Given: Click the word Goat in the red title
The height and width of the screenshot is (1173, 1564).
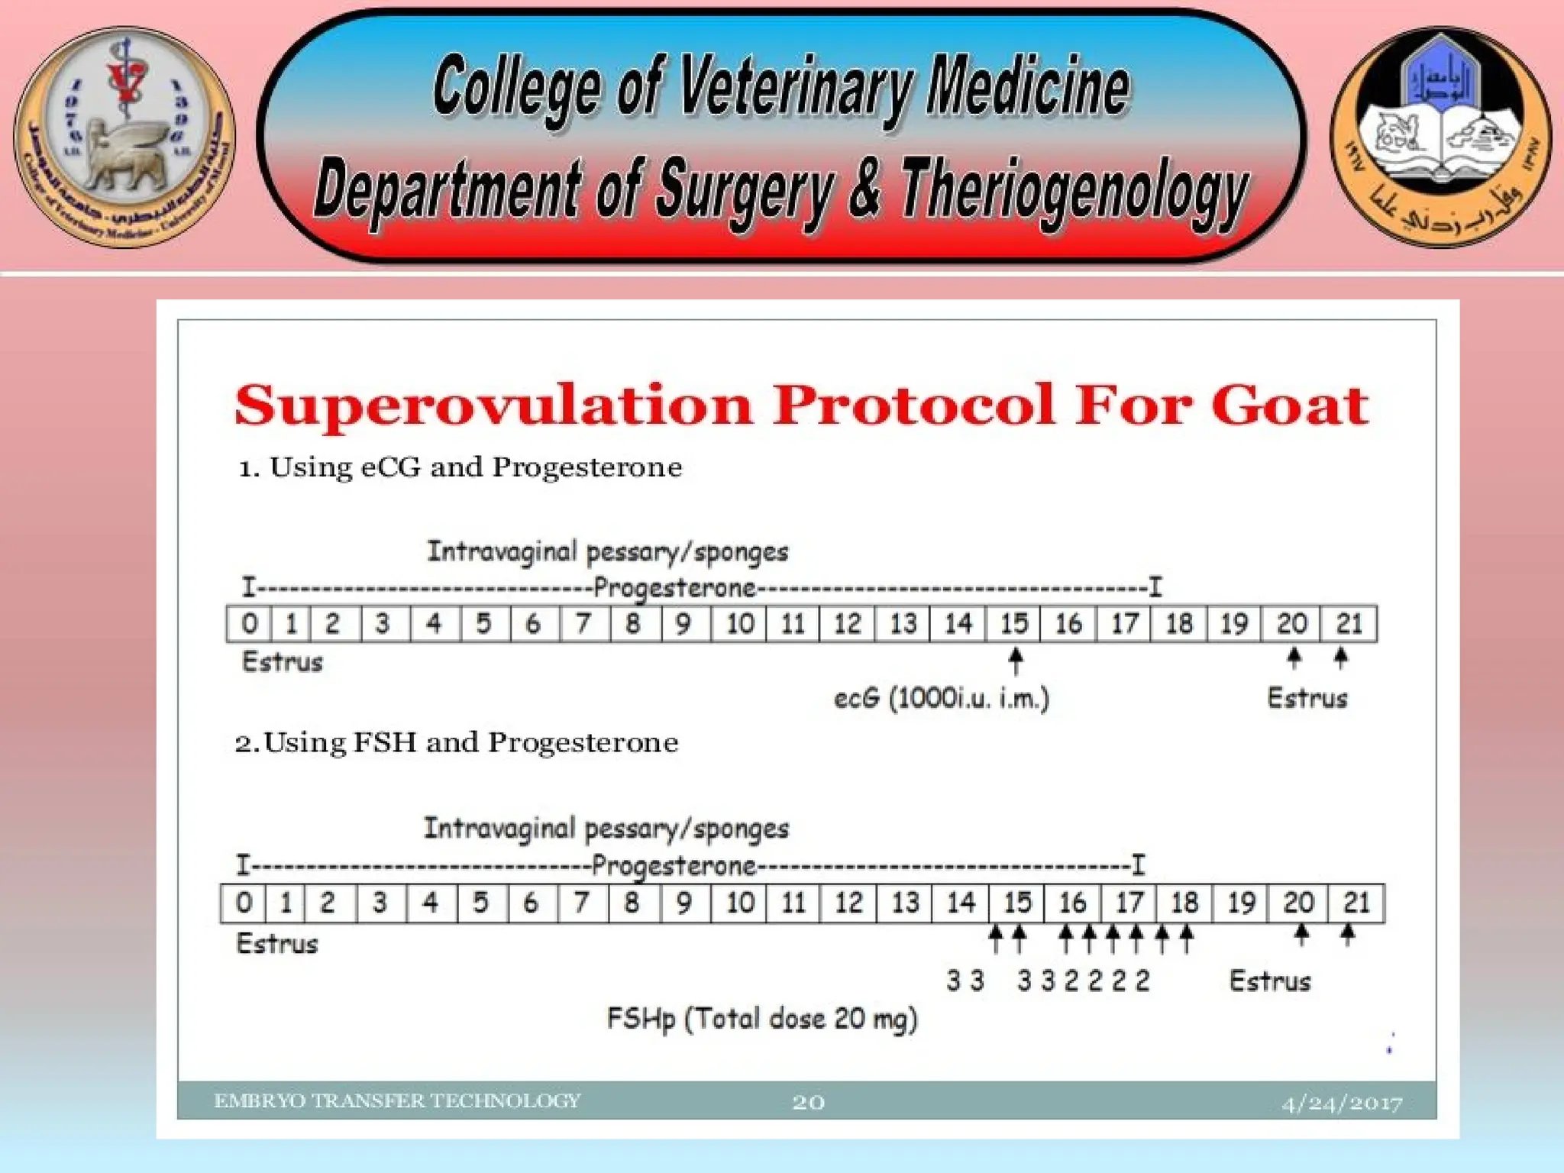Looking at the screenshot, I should click(x=1289, y=405).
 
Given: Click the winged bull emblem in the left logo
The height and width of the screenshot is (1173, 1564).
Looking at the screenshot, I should click(x=126, y=157).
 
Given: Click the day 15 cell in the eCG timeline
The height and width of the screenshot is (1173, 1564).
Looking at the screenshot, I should click(x=1013, y=624).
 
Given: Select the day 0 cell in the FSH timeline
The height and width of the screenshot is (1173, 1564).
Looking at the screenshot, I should click(x=244, y=903).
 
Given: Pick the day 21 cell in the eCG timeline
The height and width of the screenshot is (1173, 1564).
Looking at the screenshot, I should click(x=1349, y=624).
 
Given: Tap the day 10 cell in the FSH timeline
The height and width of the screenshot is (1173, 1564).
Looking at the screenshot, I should click(x=739, y=903).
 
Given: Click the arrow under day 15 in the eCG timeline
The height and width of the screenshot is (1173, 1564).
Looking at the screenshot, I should click(x=1015, y=661).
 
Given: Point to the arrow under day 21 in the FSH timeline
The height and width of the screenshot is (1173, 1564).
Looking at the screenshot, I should click(x=1348, y=934).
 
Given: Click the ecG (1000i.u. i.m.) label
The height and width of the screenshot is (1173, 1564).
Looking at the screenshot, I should click(x=941, y=698).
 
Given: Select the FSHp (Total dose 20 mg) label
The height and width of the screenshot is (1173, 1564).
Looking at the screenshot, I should click(x=761, y=1019).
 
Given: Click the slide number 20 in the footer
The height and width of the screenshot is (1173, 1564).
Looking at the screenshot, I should click(x=808, y=1102).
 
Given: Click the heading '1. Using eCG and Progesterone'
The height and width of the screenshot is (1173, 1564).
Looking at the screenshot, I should click(x=460, y=467).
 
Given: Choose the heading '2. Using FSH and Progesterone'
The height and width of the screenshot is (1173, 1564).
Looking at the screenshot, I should click(x=456, y=742).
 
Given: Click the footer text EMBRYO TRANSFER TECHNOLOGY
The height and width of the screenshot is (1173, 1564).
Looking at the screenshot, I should click(x=397, y=1100).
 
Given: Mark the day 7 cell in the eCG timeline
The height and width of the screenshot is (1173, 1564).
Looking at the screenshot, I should click(x=584, y=624).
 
